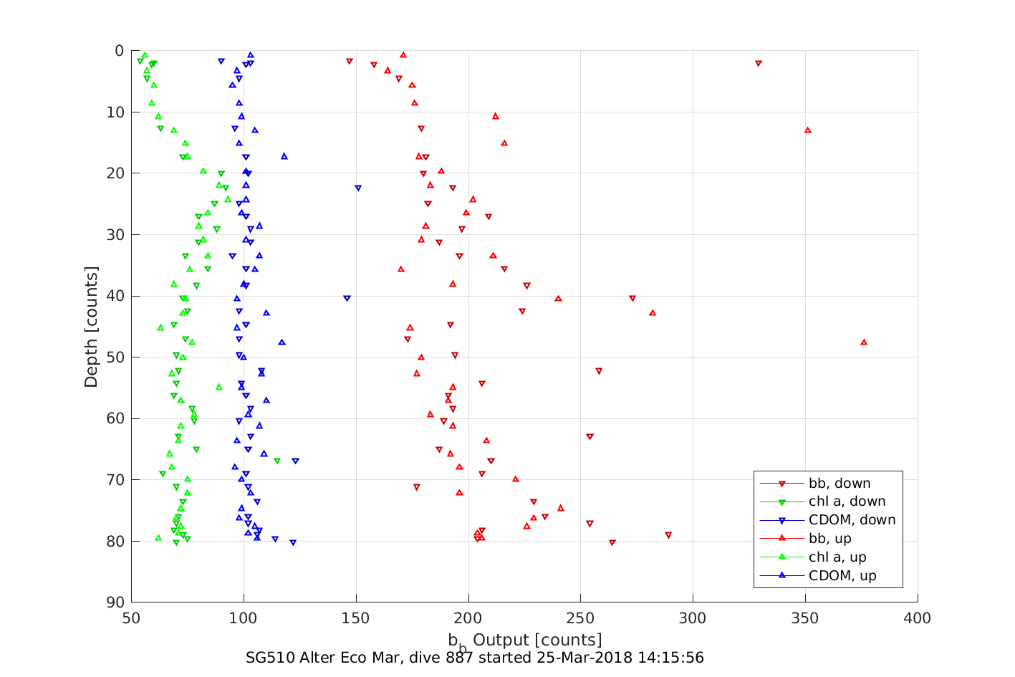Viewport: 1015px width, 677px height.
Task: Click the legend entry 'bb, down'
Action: (840, 484)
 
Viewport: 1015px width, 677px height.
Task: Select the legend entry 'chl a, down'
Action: (847, 502)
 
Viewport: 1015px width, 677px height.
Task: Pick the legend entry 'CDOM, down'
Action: (852, 521)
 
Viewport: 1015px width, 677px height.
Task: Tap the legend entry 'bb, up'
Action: (829, 539)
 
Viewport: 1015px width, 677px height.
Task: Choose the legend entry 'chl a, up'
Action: (837, 558)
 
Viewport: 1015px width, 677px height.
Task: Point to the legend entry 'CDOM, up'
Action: (842, 577)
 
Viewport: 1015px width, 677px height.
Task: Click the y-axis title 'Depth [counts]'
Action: (91, 327)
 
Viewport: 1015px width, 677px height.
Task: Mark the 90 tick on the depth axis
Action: (115, 602)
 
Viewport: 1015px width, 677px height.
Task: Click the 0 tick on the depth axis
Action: (120, 51)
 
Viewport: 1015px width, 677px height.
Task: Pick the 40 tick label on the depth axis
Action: (115, 296)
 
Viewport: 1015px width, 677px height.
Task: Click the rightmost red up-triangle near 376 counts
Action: (864, 342)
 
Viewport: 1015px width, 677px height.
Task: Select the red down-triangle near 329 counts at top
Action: (759, 64)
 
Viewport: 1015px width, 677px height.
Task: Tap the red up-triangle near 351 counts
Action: (808, 130)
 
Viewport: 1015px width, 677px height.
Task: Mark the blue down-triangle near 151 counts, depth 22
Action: (358, 188)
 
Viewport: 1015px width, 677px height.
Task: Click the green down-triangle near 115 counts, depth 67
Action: (277, 461)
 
